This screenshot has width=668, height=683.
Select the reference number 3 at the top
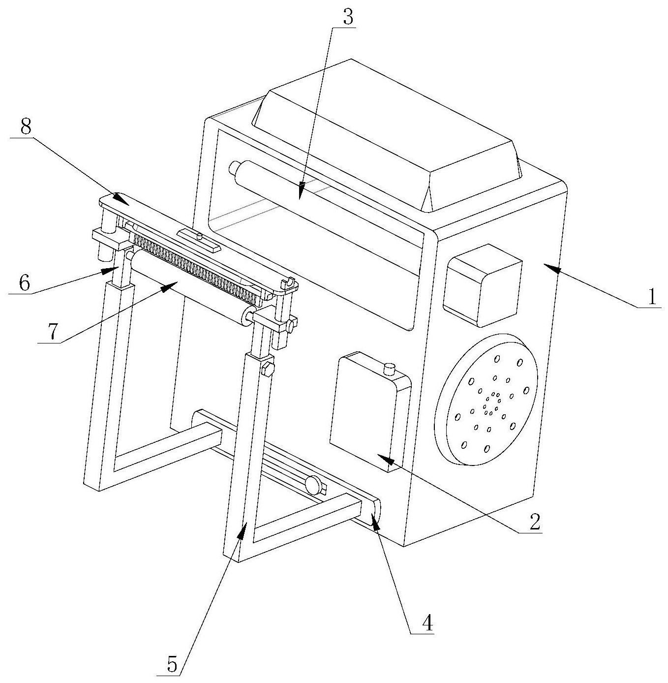click(x=347, y=18)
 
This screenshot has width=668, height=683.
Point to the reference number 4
click(x=427, y=623)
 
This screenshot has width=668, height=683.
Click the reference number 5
click(x=172, y=664)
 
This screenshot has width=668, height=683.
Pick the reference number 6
click(x=24, y=283)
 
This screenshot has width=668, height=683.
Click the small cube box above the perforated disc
click(x=482, y=285)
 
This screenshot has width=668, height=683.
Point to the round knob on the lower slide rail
click(x=313, y=485)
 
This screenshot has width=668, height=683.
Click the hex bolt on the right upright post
click(x=267, y=369)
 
